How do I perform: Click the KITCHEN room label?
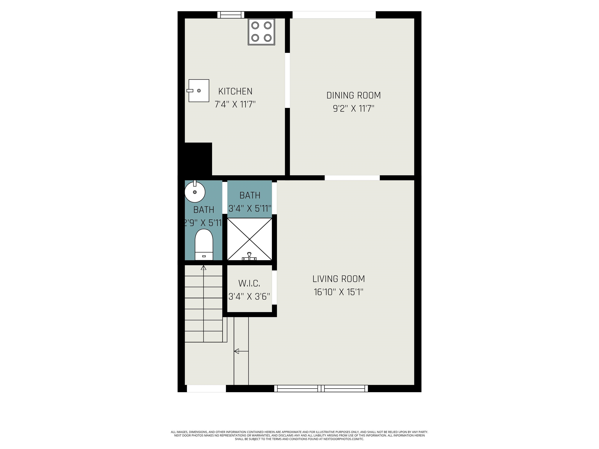coord(235,91)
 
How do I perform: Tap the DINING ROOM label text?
coord(353,95)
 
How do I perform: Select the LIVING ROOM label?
coord(338,279)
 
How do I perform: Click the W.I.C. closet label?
coord(249,283)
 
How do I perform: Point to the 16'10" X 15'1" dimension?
coord(338,292)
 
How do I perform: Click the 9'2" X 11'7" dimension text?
coord(353,109)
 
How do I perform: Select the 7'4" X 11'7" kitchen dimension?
coord(235,104)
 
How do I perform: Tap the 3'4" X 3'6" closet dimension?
coord(249,297)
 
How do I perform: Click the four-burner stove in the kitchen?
coord(261,32)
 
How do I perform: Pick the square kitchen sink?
coord(199,91)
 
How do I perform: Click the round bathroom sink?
coord(195,192)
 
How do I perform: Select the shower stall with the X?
coord(249,238)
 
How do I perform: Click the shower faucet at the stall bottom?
coord(249,256)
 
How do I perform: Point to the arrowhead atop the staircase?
coord(204,268)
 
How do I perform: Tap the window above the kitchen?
coord(231,15)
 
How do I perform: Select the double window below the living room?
coord(321,389)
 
